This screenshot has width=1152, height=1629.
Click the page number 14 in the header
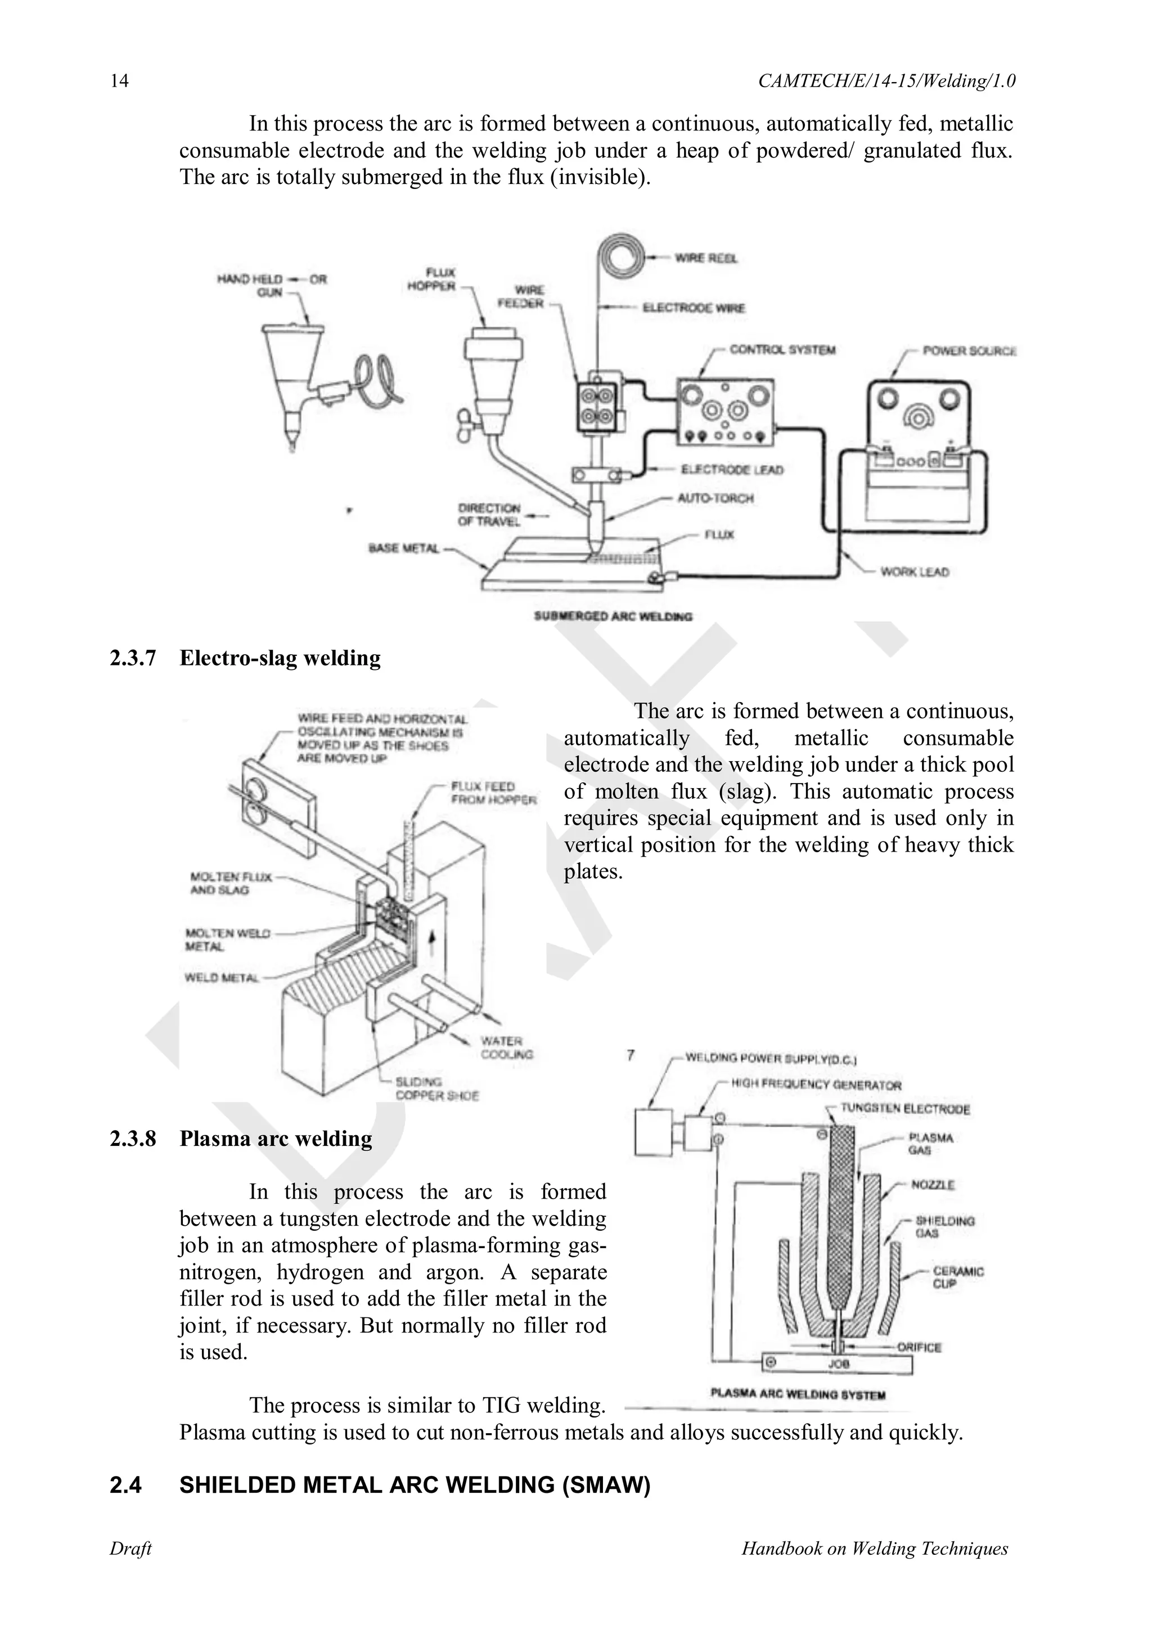click(119, 81)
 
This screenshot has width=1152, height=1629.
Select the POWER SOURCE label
click(969, 350)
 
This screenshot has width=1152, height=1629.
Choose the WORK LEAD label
click(915, 572)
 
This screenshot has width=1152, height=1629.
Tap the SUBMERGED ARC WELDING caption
click(613, 616)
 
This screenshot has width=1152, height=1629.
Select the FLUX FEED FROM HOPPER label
click(494, 793)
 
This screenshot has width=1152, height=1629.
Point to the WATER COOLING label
click(506, 1047)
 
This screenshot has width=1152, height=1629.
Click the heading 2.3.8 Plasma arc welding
click(241, 1138)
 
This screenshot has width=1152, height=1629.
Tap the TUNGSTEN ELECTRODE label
click(904, 1109)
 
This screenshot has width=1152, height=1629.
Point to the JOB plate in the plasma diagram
click(837, 1363)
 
